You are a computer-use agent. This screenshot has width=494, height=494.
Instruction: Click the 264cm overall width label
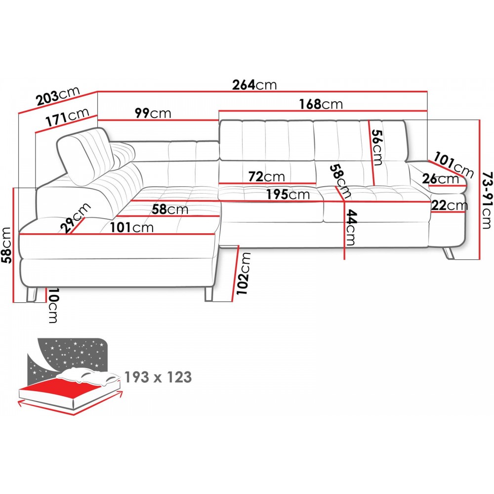(x=254, y=85)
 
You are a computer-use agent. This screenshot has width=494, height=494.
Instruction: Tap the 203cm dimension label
(x=58, y=96)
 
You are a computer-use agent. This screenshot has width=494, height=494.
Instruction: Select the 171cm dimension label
(x=67, y=117)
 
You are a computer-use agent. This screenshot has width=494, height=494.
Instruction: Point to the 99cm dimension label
(x=153, y=113)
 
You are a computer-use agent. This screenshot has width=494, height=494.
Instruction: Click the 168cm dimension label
(x=321, y=104)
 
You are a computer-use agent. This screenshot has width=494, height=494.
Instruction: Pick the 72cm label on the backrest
(x=267, y=177)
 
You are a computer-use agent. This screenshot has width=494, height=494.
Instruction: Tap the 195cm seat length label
(x=288, y=194)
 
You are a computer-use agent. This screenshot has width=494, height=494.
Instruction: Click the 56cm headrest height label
(x=377, y=147)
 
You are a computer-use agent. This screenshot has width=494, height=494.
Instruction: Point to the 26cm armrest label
(x=441, y=179)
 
